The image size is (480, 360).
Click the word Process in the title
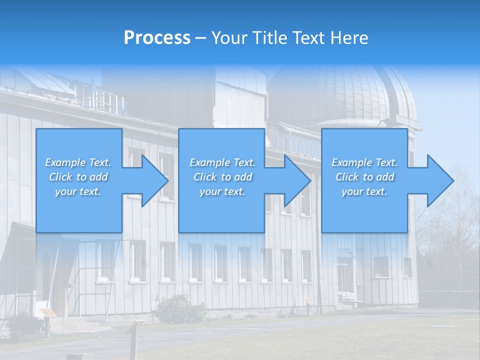pos(157,38)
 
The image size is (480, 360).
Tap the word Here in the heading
pos(348,38)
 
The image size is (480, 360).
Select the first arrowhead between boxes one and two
pos(152,180)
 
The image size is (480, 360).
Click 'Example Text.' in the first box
pos(78,162)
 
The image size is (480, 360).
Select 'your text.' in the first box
pos(78,191)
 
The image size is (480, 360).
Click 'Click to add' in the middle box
pos(222,177)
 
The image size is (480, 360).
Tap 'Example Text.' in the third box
pos(364,162)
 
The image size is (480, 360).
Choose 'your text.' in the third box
pos(364,191)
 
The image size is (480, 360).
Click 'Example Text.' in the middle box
pos(222,162)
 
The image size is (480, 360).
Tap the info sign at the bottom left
pos(47,313)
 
